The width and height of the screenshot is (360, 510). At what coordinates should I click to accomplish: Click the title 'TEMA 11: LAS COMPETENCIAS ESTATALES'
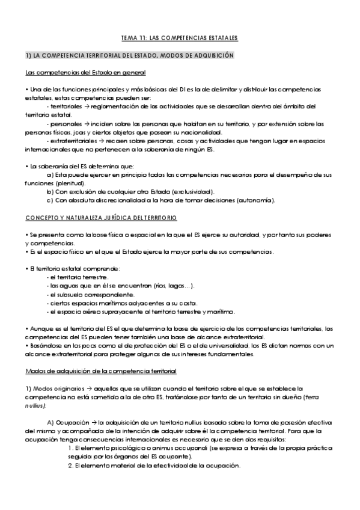coord(179,38)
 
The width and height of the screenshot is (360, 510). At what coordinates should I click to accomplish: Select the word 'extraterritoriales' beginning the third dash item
coord(74,141)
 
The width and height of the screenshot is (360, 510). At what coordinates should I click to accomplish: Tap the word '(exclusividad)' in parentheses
coord(195,191)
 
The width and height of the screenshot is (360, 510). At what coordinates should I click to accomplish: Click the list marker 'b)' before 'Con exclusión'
coord(50,191)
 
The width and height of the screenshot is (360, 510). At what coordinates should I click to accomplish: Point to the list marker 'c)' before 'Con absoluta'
coord(50,200)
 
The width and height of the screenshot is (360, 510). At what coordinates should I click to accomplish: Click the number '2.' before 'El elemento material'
coord(70,466)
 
